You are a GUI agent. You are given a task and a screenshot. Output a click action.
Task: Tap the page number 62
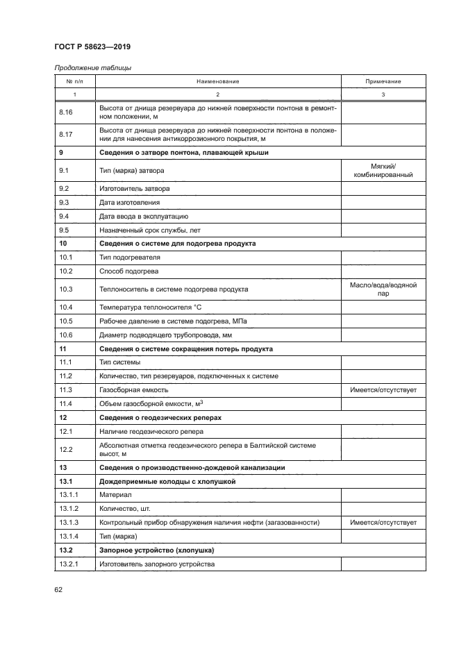pos(58,589)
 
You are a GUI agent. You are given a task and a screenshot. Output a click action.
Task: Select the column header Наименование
pos(217,81)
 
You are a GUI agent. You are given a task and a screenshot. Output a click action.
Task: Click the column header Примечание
pos(383,81)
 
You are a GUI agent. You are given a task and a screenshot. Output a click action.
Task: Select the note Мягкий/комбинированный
pos(383,170)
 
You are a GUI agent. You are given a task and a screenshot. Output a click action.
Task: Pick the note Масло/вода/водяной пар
pos(383,289)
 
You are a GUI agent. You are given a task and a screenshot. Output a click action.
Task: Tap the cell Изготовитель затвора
pos(135,189)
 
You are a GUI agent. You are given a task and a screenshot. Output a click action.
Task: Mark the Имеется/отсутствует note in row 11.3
pos(383,390)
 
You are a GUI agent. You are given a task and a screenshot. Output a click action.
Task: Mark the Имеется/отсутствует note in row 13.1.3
pos(383,522)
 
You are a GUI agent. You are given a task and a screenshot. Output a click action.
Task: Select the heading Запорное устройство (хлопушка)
pos(156,550)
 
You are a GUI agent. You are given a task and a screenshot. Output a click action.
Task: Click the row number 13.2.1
pos(69,564)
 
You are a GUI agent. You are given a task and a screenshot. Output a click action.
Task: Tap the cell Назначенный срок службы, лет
pos(149,230)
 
